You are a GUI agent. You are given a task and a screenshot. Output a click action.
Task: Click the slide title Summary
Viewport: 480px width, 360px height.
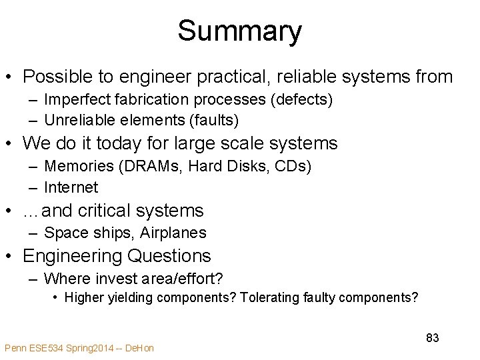pos(239,31)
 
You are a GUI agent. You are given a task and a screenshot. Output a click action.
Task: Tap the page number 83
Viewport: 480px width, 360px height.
pos(433,338)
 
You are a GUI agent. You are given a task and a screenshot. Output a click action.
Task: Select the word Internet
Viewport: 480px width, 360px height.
pos(71,188)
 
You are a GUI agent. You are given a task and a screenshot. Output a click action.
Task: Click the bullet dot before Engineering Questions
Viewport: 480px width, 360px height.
pos(11,256)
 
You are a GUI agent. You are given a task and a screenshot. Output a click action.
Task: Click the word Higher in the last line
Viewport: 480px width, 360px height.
pos(84,297)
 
